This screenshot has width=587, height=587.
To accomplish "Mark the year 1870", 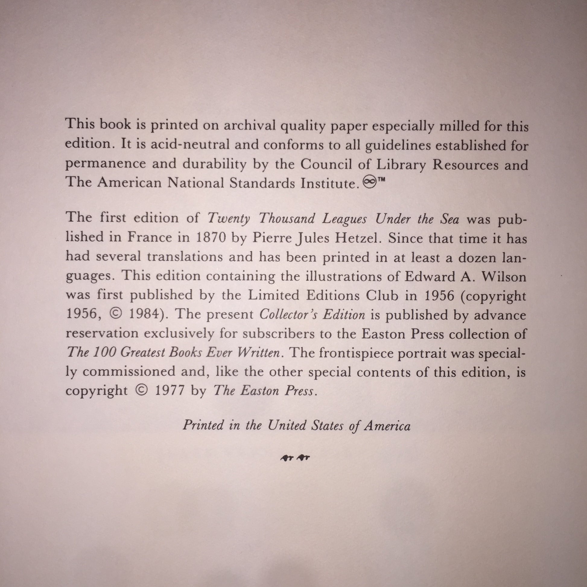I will click(211, 238).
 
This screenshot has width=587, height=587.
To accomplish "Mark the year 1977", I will click(170, 391).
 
